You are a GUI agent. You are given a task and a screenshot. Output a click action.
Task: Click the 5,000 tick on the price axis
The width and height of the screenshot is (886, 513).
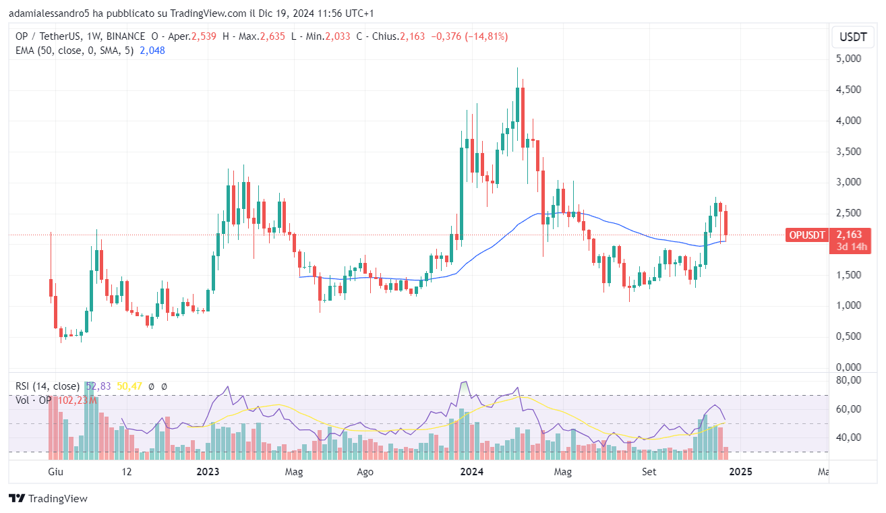coord(848,59)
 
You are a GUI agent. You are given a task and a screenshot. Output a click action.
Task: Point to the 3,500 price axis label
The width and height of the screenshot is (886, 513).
coord(848,151)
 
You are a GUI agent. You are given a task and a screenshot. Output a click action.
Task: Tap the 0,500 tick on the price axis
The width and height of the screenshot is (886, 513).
coord(848,336)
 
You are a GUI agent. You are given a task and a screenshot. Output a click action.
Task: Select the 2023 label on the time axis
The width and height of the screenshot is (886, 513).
coord(208,472)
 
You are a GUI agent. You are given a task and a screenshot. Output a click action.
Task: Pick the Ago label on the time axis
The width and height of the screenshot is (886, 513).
coord(365,472)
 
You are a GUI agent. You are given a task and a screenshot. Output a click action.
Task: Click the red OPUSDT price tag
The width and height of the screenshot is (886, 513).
coord(806,235)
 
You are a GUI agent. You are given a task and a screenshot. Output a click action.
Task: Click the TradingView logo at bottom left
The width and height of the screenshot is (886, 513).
coord(48,499)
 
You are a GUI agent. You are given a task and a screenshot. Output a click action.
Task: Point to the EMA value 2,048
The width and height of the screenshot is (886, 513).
coord(152,50)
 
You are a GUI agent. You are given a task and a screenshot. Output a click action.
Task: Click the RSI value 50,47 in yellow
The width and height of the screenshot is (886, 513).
coord(130,386)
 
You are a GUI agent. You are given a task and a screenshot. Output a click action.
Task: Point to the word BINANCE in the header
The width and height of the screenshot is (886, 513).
coord(125,36)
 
